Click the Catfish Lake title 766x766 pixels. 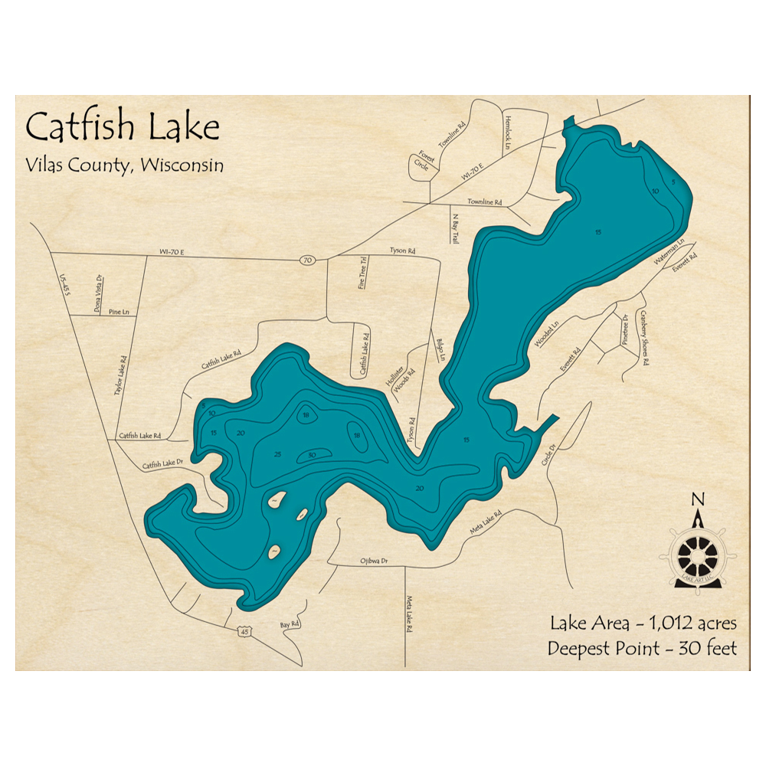[123, 126]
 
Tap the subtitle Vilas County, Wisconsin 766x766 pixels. [124, 165]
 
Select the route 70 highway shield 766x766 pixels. [306, 261]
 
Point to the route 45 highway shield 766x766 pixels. [244, 631]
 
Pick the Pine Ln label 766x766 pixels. [119, 313]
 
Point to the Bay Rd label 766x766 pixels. [289, 626]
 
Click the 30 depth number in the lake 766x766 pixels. [312, 455]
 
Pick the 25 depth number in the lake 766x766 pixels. [277, 455]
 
